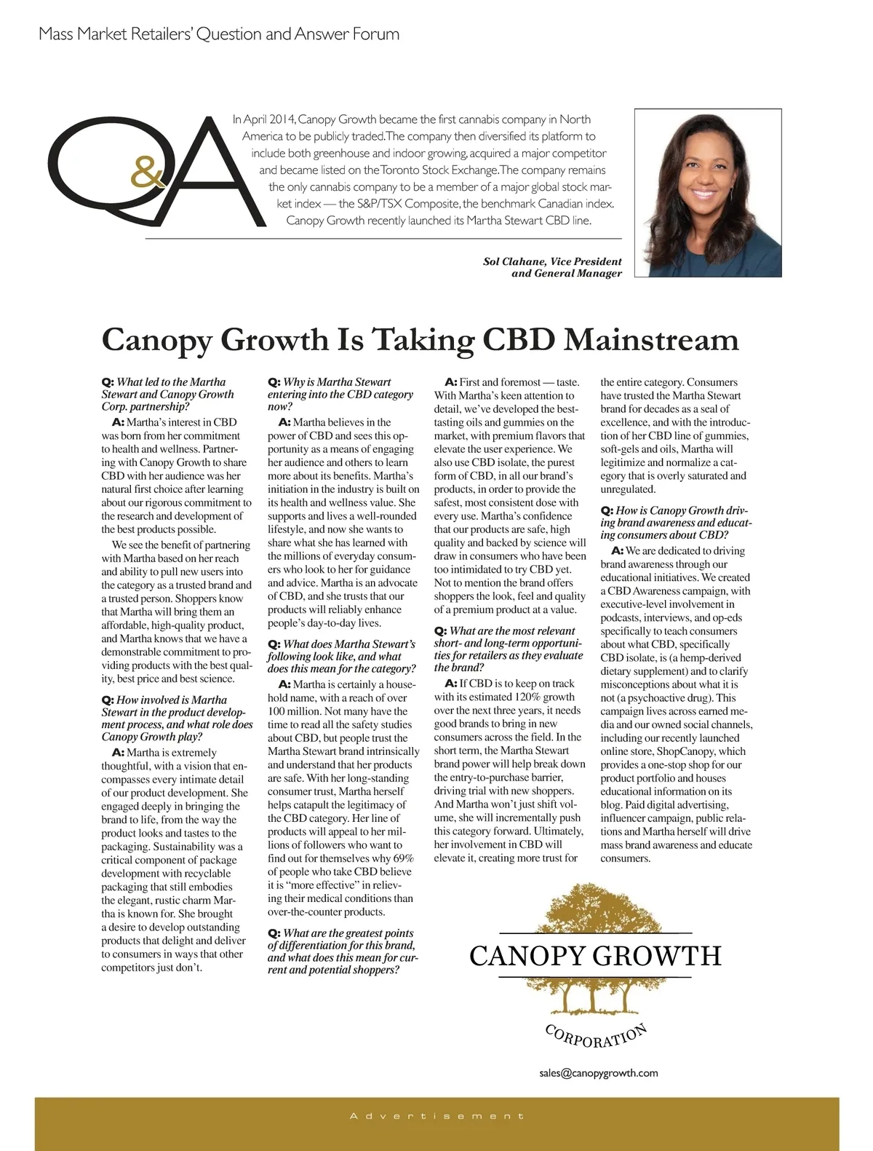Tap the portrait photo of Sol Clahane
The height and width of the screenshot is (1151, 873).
[x=708, y=193]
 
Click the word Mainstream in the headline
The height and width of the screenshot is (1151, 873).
[x=651, y=340]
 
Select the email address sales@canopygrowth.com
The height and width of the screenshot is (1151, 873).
[x=599, y=1072]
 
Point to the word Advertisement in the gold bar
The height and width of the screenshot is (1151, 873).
[x=436, y=1116]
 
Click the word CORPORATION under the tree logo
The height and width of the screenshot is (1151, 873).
[x=596, y=1035]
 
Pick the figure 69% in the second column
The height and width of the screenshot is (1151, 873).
[x=403, y=858]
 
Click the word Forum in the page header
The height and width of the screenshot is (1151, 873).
[x=376, y=34]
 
